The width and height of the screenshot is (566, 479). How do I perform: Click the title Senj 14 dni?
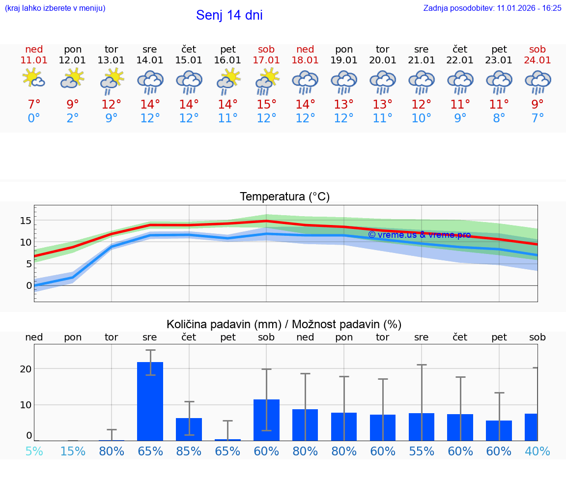[229, 15]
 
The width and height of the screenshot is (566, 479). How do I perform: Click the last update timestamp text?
[492, 8]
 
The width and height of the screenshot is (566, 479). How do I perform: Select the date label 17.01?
[266, 60]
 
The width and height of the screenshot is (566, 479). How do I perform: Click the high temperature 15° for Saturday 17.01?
[266, 105]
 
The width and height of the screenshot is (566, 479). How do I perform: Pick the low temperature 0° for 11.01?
[34, 118]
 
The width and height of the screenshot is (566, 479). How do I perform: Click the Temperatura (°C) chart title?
[284, 197]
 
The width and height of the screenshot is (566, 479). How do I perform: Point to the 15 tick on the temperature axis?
[26, 221]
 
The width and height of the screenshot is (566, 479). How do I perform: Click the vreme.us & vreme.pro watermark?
[419, 235]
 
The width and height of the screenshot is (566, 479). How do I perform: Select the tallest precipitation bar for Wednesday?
[150, 401]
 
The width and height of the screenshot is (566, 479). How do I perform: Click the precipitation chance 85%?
[189, 451]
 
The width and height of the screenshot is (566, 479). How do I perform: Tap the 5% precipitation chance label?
[34, 451]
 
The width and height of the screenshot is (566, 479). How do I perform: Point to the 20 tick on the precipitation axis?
[26, 369]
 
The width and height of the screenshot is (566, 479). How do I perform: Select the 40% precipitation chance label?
[537, 451]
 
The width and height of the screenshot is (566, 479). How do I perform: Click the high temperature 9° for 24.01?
[538, 105]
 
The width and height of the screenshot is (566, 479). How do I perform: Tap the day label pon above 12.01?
[73, 49]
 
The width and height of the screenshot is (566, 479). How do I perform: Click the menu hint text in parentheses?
[55, 8]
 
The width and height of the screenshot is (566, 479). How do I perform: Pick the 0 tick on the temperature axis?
[29, 285]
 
